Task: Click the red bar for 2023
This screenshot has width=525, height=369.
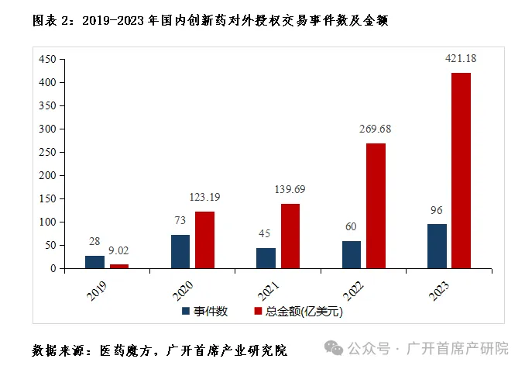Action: pyautogui.click(x=461, y=171)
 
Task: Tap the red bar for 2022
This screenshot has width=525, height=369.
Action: pyautogui.click(x=376, y=206)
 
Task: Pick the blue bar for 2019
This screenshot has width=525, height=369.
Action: pyautogui.click(x=94, y=262)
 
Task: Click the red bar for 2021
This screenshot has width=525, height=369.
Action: pyautogui.click(x=290, y=236)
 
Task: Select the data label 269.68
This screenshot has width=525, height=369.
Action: pyautogui.click(x=375, y=129)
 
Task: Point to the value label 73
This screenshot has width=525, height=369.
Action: pyautogui.click(x=180, y=220)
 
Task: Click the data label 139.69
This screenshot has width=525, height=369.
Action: pyautogui.click(x=290, y=189)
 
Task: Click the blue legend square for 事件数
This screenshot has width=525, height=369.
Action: pyautogui.click(x=186, y=312)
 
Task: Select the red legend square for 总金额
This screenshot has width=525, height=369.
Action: pyautogui.click(x=259, y=312)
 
